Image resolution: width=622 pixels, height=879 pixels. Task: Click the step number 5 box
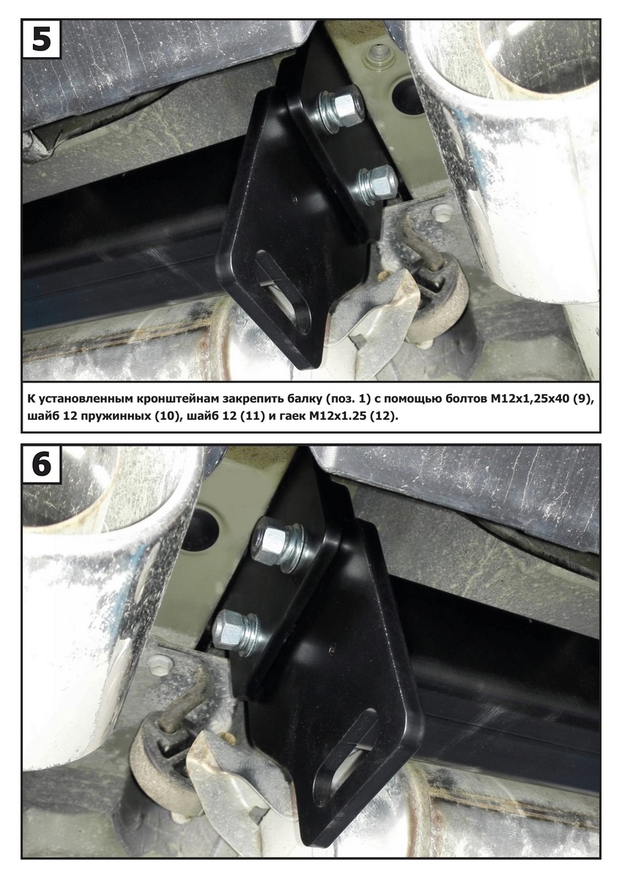(42, 40)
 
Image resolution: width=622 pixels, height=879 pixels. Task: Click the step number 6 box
(42, 464)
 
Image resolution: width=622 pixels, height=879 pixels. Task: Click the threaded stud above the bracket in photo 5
(377, 52)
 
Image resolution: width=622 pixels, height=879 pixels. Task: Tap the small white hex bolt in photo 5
(439, 212)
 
